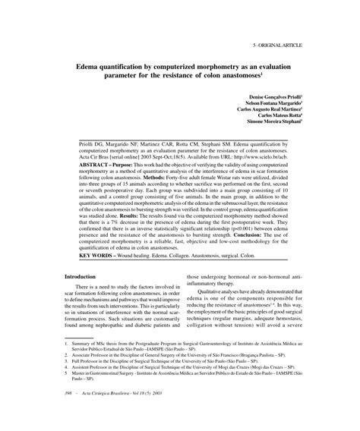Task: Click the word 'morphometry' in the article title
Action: (x=216, y=65)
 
